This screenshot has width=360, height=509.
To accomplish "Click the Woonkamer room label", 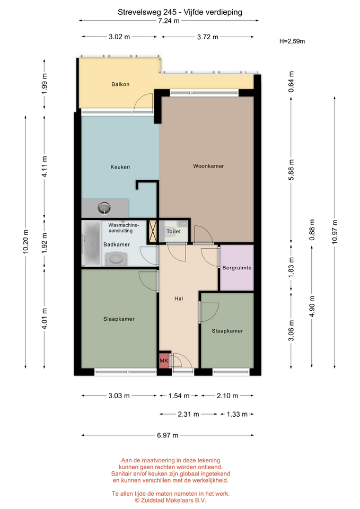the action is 208,166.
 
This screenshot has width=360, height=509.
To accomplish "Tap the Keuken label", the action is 120,167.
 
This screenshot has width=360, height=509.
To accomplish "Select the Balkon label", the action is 120,84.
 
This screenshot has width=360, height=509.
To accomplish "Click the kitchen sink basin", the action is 104,207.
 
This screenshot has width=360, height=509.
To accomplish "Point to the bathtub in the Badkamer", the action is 91,243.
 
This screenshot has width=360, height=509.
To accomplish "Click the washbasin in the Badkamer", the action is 115,259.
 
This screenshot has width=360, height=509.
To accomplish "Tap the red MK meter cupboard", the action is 164,361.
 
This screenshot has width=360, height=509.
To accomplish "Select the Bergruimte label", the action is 237,268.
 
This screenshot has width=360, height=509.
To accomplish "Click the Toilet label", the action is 174,232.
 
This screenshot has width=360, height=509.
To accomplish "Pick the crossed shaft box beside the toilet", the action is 152,232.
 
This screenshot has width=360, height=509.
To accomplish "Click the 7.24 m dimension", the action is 169,21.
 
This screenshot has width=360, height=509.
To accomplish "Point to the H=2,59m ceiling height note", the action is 292,41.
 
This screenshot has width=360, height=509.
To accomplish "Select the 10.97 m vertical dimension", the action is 335,232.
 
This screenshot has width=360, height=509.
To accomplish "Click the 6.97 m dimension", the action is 168,435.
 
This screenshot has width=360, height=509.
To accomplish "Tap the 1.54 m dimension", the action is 179,396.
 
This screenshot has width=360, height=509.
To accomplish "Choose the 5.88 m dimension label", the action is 291,170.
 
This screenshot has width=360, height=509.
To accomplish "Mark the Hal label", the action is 179,299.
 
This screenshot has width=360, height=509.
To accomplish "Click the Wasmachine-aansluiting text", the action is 124,228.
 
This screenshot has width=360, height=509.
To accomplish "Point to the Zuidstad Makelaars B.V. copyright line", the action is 171,501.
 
